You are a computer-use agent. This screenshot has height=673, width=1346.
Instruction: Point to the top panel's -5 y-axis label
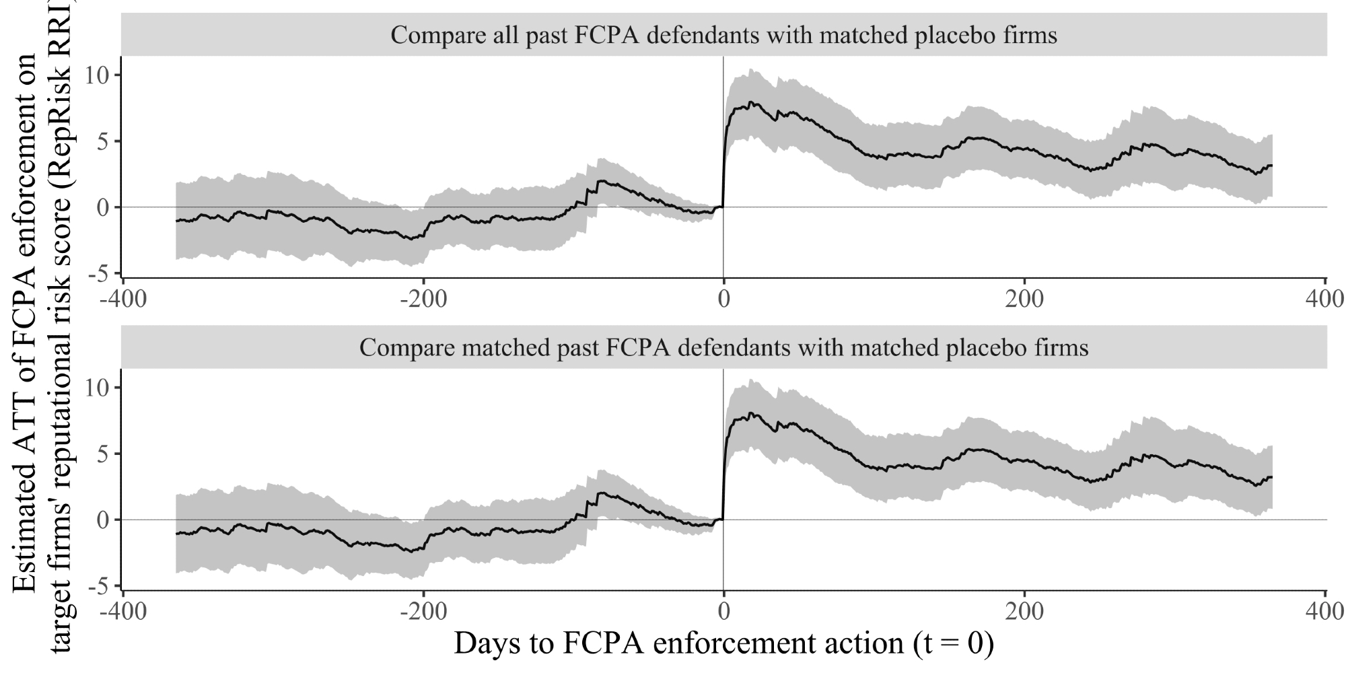[100, 273]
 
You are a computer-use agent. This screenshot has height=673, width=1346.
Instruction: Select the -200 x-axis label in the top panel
[423, 298]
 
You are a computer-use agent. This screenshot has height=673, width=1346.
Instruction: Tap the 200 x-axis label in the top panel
[1024, 298]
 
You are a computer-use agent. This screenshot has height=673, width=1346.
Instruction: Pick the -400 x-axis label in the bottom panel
[122, 611]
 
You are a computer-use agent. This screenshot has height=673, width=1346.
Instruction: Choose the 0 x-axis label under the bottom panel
[723, 611]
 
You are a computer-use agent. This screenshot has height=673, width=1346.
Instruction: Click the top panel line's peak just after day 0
[751, 102]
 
